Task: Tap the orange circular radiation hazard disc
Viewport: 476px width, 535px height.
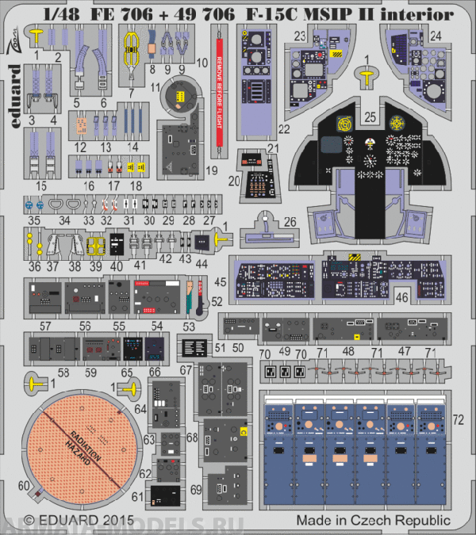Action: coord(79,445)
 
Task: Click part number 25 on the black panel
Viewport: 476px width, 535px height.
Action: coord(370,117)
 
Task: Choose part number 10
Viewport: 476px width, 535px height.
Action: coord(202,63)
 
